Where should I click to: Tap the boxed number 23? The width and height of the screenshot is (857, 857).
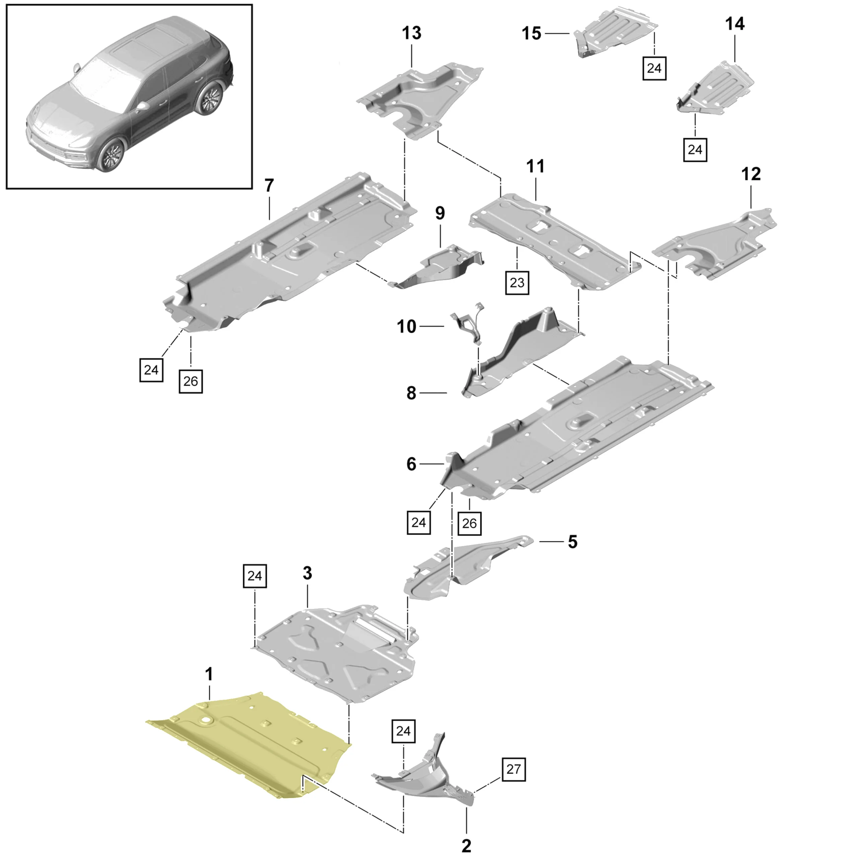click(517, 283)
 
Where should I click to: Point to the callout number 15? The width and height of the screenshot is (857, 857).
click(531, 34)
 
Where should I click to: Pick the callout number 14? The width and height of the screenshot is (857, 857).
click(734, 23)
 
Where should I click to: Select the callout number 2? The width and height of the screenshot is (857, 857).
click(466, 846)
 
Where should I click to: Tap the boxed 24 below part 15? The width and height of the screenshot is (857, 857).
click(654, 68)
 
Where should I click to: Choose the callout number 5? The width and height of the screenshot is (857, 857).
click(573, 542)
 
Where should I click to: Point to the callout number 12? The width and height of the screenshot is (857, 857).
click(751, 174)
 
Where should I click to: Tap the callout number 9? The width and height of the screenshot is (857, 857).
click(440, 213)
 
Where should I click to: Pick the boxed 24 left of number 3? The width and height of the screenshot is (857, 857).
click(255, 576)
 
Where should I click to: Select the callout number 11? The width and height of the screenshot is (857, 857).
click(535, 166)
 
